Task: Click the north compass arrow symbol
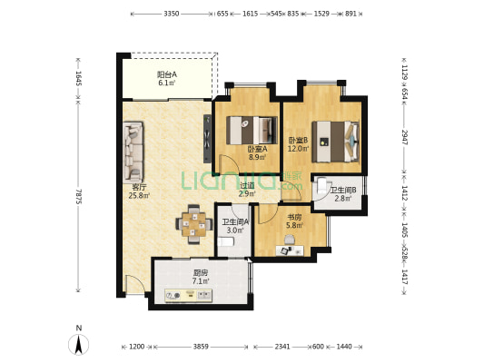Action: point(78,344)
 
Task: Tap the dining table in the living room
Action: point(194,224)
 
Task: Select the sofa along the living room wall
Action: point(133,152)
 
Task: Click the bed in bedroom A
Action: point(252,130)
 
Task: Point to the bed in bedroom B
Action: point(335,142)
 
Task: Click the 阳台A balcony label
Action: point(167,74)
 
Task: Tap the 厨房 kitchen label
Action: point(201,272)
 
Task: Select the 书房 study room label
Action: point(294,217)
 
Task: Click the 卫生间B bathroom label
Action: point(343,191)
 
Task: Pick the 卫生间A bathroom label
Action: point(235,221)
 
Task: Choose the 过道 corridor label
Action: point(247,185)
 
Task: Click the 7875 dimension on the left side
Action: point(79,196)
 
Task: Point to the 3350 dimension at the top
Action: point(172,14)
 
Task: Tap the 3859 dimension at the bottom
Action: point(201,347)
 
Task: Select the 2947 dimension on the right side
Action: point(404,137)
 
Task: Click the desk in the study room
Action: point(290,250)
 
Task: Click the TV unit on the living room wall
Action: point(207,139)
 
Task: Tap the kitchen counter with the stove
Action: point(188,296)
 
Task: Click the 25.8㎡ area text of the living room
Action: point(139,195)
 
